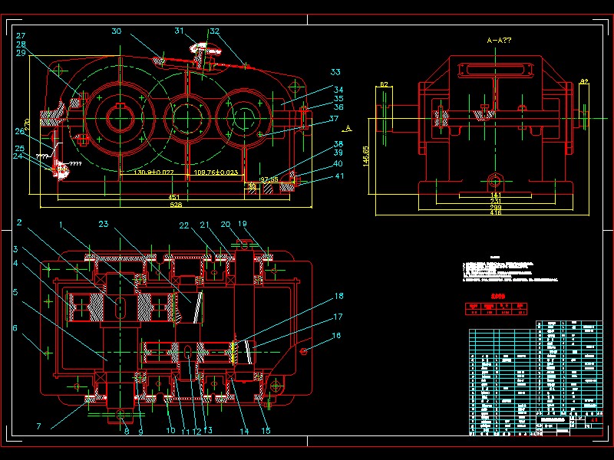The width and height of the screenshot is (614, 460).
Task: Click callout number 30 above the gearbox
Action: [117, 31]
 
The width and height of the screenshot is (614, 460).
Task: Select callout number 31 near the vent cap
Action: [179, 31]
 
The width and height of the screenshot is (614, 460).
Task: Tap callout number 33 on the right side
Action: [335, 72]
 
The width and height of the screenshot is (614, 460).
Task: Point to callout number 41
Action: [338, 176]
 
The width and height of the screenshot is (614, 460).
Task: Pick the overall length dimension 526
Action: [177, 206]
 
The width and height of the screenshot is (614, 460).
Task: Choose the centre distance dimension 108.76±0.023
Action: [216, 172]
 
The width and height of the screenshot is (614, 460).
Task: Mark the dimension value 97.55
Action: [269, 179]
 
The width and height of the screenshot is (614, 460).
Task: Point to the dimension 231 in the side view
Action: [497, 201]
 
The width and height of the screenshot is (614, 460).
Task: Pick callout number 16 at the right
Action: [336, 336]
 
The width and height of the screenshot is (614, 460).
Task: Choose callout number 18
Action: [338, 295]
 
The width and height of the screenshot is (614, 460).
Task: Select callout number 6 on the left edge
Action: [14, 328]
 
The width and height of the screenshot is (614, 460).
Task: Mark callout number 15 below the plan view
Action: [266, 431]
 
